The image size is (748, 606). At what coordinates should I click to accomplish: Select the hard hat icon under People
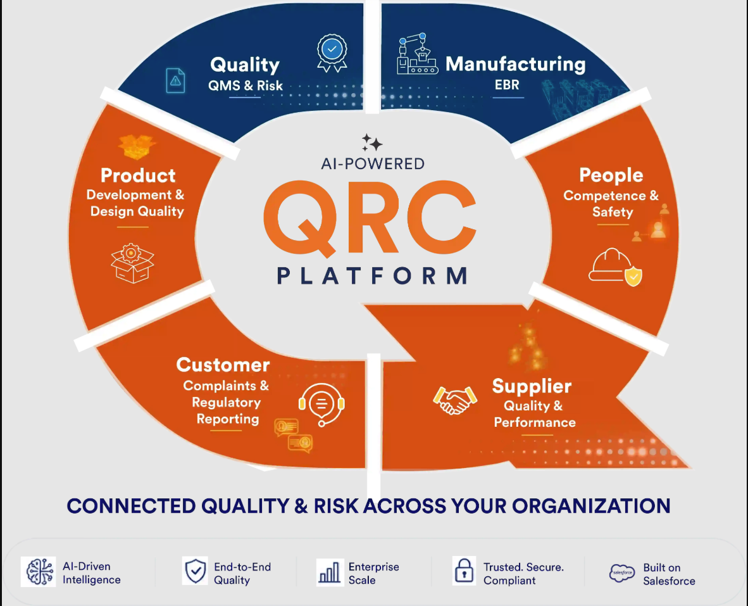tap(615, 267)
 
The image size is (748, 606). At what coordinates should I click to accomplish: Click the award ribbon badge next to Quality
tap(332, 53)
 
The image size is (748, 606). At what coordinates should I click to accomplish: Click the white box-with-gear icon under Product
tap(132, 263)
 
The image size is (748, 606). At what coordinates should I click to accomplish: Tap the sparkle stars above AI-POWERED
tap(371, 142)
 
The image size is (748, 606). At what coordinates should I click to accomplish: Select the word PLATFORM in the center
tap(373, 276)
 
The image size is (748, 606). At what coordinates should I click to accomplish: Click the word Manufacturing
tap(516, 64)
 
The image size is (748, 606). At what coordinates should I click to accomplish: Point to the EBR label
tap(507, 85)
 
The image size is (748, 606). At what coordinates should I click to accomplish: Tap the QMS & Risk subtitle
tap(246, 86)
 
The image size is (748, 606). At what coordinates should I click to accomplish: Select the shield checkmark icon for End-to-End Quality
tap(196, 571)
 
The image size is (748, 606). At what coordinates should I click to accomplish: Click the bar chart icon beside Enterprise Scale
tap(330, 572)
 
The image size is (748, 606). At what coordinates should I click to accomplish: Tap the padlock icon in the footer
tap(464, 571)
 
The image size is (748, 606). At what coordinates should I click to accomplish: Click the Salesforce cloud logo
tap(622, 572)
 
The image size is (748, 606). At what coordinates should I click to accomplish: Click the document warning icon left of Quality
tap(175, 80)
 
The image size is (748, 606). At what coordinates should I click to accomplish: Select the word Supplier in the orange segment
tap(532, 386)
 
